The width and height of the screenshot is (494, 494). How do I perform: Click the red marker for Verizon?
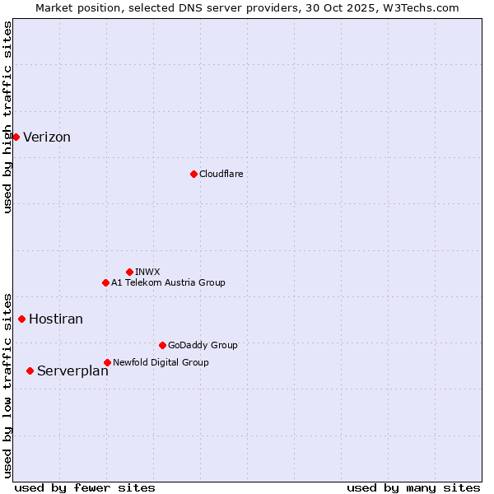coord(16,137)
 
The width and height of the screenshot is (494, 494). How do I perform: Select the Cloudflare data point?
coord(193,174)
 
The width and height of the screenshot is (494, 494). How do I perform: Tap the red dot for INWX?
coord(129,272)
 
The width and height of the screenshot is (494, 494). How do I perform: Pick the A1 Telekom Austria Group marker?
coord(105,282)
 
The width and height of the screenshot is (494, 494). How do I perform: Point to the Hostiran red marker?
coord(21,319)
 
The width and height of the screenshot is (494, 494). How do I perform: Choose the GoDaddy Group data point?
coord(162,345)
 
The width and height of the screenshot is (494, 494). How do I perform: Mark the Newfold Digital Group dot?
coord(107,362)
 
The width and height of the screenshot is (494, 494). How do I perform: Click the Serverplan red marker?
coord(30,370)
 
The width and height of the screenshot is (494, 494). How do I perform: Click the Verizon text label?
coord(47,137)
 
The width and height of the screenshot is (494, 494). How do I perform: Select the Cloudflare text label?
coord(221,174)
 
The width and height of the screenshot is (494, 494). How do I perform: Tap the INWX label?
coord(147,272)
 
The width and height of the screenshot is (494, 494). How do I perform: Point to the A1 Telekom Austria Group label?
coord(168,282)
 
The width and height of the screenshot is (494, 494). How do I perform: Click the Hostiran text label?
coord(56,319)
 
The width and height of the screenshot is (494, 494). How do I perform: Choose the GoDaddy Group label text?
coord(203,345)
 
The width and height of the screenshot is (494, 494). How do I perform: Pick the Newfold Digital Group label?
coord(161,362)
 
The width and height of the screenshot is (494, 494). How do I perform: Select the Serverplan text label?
coord(72,371)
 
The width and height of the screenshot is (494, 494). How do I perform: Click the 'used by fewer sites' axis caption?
coord(85,487)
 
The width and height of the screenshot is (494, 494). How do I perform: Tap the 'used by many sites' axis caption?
coord(413,487)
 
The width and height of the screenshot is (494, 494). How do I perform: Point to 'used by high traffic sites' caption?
coord(8,117)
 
